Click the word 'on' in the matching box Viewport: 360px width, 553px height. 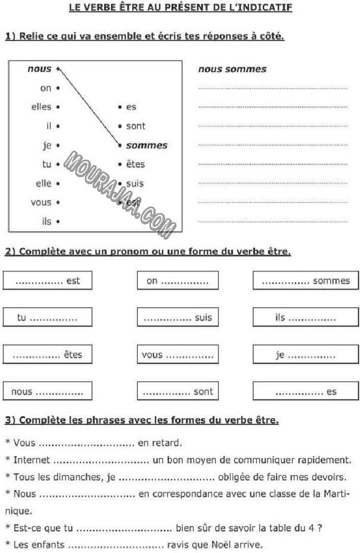(46, 88)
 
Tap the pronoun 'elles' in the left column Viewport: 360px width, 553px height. (41, 107)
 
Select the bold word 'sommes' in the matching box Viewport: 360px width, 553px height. (146, 145)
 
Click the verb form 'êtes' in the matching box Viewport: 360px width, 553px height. (135, 164)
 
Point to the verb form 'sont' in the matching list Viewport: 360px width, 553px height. (135, 126)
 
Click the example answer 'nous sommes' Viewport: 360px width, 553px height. (232, 69)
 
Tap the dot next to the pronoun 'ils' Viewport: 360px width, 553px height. (58, 222)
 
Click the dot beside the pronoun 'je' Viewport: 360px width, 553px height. (58, 145)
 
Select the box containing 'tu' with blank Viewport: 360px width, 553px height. (47, 317)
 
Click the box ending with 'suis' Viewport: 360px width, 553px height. (177, 317)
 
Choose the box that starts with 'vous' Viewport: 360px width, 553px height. (177, 355)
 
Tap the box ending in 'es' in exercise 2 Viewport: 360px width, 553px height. (306, 392)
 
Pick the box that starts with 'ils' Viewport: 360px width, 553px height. (306, 317)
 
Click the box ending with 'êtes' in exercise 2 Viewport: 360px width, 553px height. (47, 355)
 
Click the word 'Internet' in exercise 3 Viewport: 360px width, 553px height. (32, 460)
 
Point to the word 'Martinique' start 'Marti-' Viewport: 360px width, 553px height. (334, 494)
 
